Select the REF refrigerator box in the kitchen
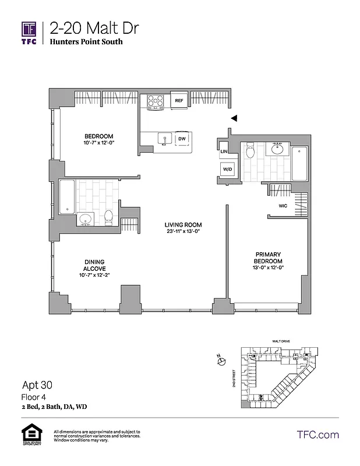click(179, 101)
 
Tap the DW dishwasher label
click(182, 139)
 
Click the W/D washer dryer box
click(225, 169)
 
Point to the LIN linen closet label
click(224, 151)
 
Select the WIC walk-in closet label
click(283, 205)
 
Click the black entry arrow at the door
click(234, 118)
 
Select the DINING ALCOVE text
click(93, 264)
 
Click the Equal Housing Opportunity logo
click(29, 436)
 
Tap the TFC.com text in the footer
click(317, 435)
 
